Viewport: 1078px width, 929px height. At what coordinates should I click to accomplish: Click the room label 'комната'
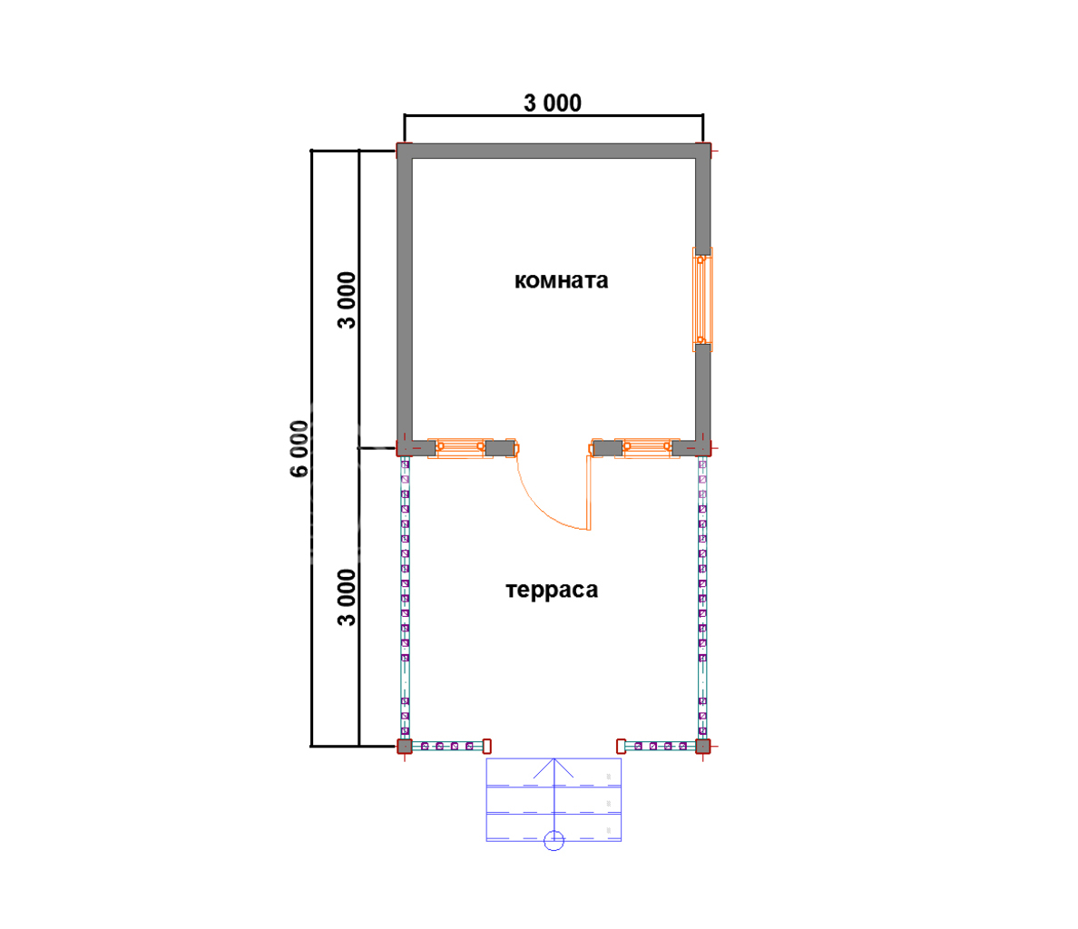561,280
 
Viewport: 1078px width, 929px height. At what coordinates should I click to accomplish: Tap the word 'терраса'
552,590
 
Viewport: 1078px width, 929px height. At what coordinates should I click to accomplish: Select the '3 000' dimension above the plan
553,103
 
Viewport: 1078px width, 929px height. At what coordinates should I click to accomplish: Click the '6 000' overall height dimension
299,448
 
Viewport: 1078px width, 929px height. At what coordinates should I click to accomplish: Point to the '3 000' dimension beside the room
348,300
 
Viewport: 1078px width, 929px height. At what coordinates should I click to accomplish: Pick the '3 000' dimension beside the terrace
348,597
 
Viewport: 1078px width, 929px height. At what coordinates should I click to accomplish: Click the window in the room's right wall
702,299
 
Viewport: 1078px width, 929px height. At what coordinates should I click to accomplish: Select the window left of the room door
460,449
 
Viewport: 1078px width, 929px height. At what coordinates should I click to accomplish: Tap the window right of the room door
647,449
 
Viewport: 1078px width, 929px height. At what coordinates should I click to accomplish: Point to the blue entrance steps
554,799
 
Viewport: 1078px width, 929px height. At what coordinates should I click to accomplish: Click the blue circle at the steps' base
554,840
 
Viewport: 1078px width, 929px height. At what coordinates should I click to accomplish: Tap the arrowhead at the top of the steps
554,760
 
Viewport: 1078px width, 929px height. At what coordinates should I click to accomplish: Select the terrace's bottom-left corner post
405,747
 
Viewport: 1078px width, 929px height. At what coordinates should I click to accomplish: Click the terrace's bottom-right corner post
702,747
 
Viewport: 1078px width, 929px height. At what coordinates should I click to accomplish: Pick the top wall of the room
554,151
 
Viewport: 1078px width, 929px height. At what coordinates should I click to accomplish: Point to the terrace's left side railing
405,598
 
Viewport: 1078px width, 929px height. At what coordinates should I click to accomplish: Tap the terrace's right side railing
702,598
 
